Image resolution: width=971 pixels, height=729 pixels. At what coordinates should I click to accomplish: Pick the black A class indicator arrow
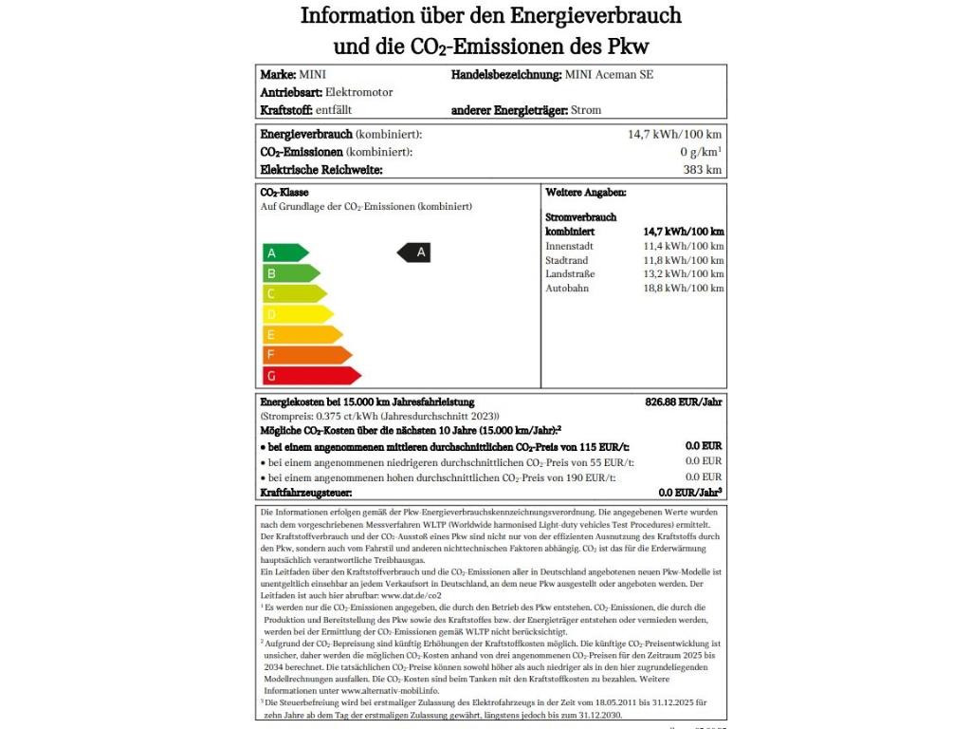click(x=413, y=252)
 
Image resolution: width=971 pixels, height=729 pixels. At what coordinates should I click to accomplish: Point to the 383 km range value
click(x=704, y=170)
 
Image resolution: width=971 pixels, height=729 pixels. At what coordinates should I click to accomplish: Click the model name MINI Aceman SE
click(x=609, y=74)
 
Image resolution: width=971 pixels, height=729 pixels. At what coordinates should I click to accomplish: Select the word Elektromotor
click(x=358, y=92)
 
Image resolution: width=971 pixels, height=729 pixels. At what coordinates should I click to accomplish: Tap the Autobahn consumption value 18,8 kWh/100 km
click(x=683, y=288)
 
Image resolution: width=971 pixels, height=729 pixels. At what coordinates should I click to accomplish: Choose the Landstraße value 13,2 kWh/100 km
click(x=683, y=273)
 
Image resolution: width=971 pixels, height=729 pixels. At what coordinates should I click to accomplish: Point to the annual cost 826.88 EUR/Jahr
click(x=684, y=402)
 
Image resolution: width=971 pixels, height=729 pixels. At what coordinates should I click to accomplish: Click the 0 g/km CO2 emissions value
click(x=701, y=152)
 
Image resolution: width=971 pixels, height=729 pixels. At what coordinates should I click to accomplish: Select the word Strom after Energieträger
click(x=586, y=110)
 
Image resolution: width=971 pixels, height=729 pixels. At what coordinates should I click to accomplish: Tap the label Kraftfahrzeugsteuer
click(x=306, y=493)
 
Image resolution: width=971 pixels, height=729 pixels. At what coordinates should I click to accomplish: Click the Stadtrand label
click(x=567, y=260)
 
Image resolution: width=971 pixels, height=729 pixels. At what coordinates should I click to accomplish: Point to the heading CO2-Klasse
click(x=284, y=193)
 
